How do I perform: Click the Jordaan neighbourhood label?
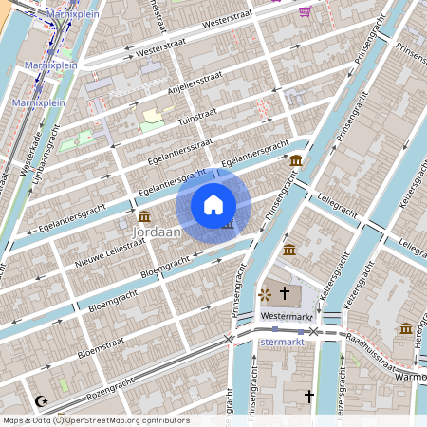[157, 231]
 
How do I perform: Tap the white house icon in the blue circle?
[213, 205]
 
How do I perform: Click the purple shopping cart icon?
[305, 11]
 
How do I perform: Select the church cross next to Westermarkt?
[284, 295]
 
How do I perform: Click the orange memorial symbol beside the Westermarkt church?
[265, 295]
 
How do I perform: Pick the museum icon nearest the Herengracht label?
[406, 328]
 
